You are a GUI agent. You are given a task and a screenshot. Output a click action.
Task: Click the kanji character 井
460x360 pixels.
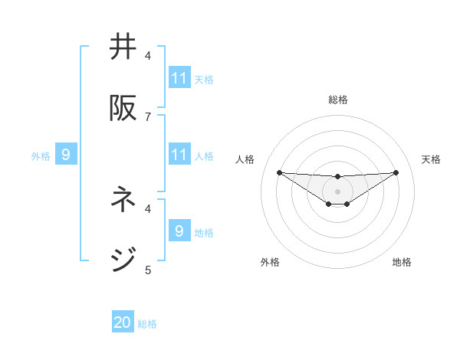click(123, 47)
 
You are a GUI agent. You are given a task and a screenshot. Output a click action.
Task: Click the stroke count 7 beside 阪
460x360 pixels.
click(148, 116)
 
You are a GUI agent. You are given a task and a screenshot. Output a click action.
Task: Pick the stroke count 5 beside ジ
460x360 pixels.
click(148, 270)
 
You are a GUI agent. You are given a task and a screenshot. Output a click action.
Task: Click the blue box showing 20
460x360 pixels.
click(123, 322)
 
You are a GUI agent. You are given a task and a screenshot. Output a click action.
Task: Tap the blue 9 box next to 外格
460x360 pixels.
click(66, 155)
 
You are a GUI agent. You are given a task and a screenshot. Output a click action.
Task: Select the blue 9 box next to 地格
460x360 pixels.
click(179, 231)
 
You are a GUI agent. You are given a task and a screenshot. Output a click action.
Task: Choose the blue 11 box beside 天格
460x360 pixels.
click(179, 78)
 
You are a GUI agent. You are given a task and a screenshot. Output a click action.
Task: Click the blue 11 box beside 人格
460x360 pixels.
click(179, 155)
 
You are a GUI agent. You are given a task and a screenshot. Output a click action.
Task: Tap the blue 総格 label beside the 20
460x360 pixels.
click(147, 324)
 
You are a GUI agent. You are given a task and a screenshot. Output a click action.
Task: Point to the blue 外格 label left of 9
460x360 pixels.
click(41, 156)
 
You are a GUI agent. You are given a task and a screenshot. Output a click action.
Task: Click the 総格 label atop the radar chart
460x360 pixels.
click(338, 100)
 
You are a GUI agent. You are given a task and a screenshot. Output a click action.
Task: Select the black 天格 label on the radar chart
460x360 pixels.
click(432, 159)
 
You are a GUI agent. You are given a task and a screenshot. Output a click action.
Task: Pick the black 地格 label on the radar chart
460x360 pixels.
click(402, 262)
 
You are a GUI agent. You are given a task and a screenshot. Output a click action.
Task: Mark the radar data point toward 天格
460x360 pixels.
click(396, 172)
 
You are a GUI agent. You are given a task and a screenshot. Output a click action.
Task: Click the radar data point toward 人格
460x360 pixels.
click(279, 172)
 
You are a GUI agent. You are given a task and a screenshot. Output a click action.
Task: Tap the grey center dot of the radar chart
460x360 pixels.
click(337, 191)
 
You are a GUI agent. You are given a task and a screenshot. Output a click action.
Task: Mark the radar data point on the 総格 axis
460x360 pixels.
click(337, 177)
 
